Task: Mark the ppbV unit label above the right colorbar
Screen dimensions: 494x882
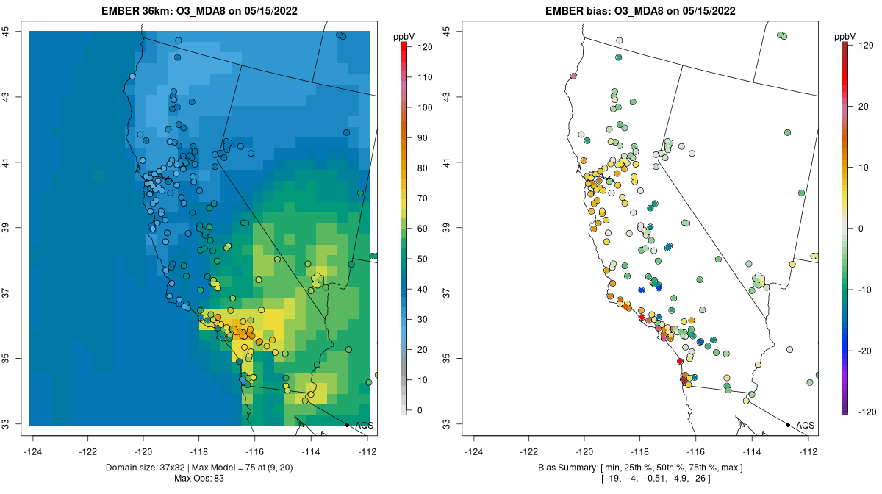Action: (845, 35)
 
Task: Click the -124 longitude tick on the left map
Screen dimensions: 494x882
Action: (34, 451)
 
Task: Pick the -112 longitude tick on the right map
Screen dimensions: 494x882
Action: (808, 451)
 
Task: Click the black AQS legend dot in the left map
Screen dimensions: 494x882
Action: (347, 425)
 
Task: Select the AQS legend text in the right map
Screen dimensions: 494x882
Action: (805, 426)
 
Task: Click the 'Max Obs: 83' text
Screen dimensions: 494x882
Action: (199, 479)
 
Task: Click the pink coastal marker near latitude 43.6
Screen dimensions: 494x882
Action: (573, 76)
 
